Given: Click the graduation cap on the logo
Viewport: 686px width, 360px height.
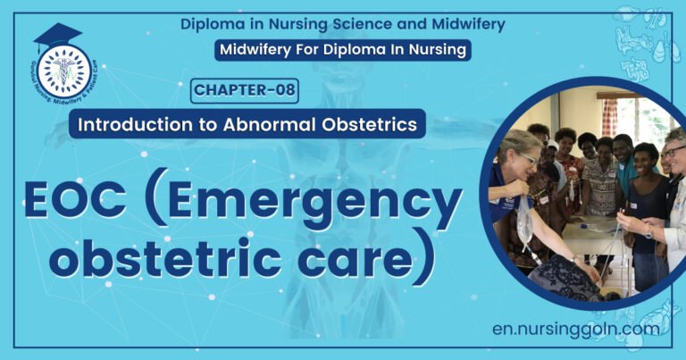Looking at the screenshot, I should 57,37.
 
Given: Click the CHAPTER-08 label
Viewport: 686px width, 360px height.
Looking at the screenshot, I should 245,89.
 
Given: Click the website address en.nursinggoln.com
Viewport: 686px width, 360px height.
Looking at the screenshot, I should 577,329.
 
